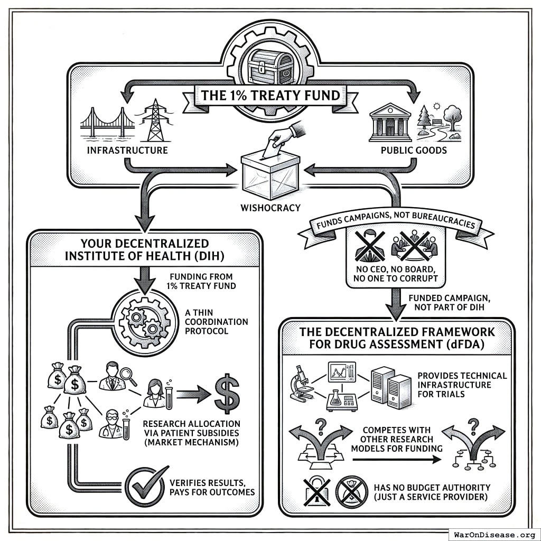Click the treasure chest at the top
point(270,67)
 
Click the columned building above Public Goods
point(390,122)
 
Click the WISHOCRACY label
point(270,208)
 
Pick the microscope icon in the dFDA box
point(302,383)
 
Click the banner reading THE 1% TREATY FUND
point(270,97)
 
